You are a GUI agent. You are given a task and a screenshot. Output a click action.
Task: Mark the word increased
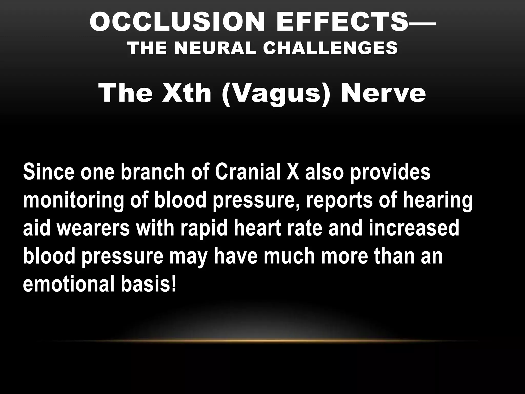(414, 228)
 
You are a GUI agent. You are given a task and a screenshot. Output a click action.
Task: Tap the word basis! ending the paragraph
(149, 284)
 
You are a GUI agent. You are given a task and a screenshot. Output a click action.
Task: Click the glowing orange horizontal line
(264, 341)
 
